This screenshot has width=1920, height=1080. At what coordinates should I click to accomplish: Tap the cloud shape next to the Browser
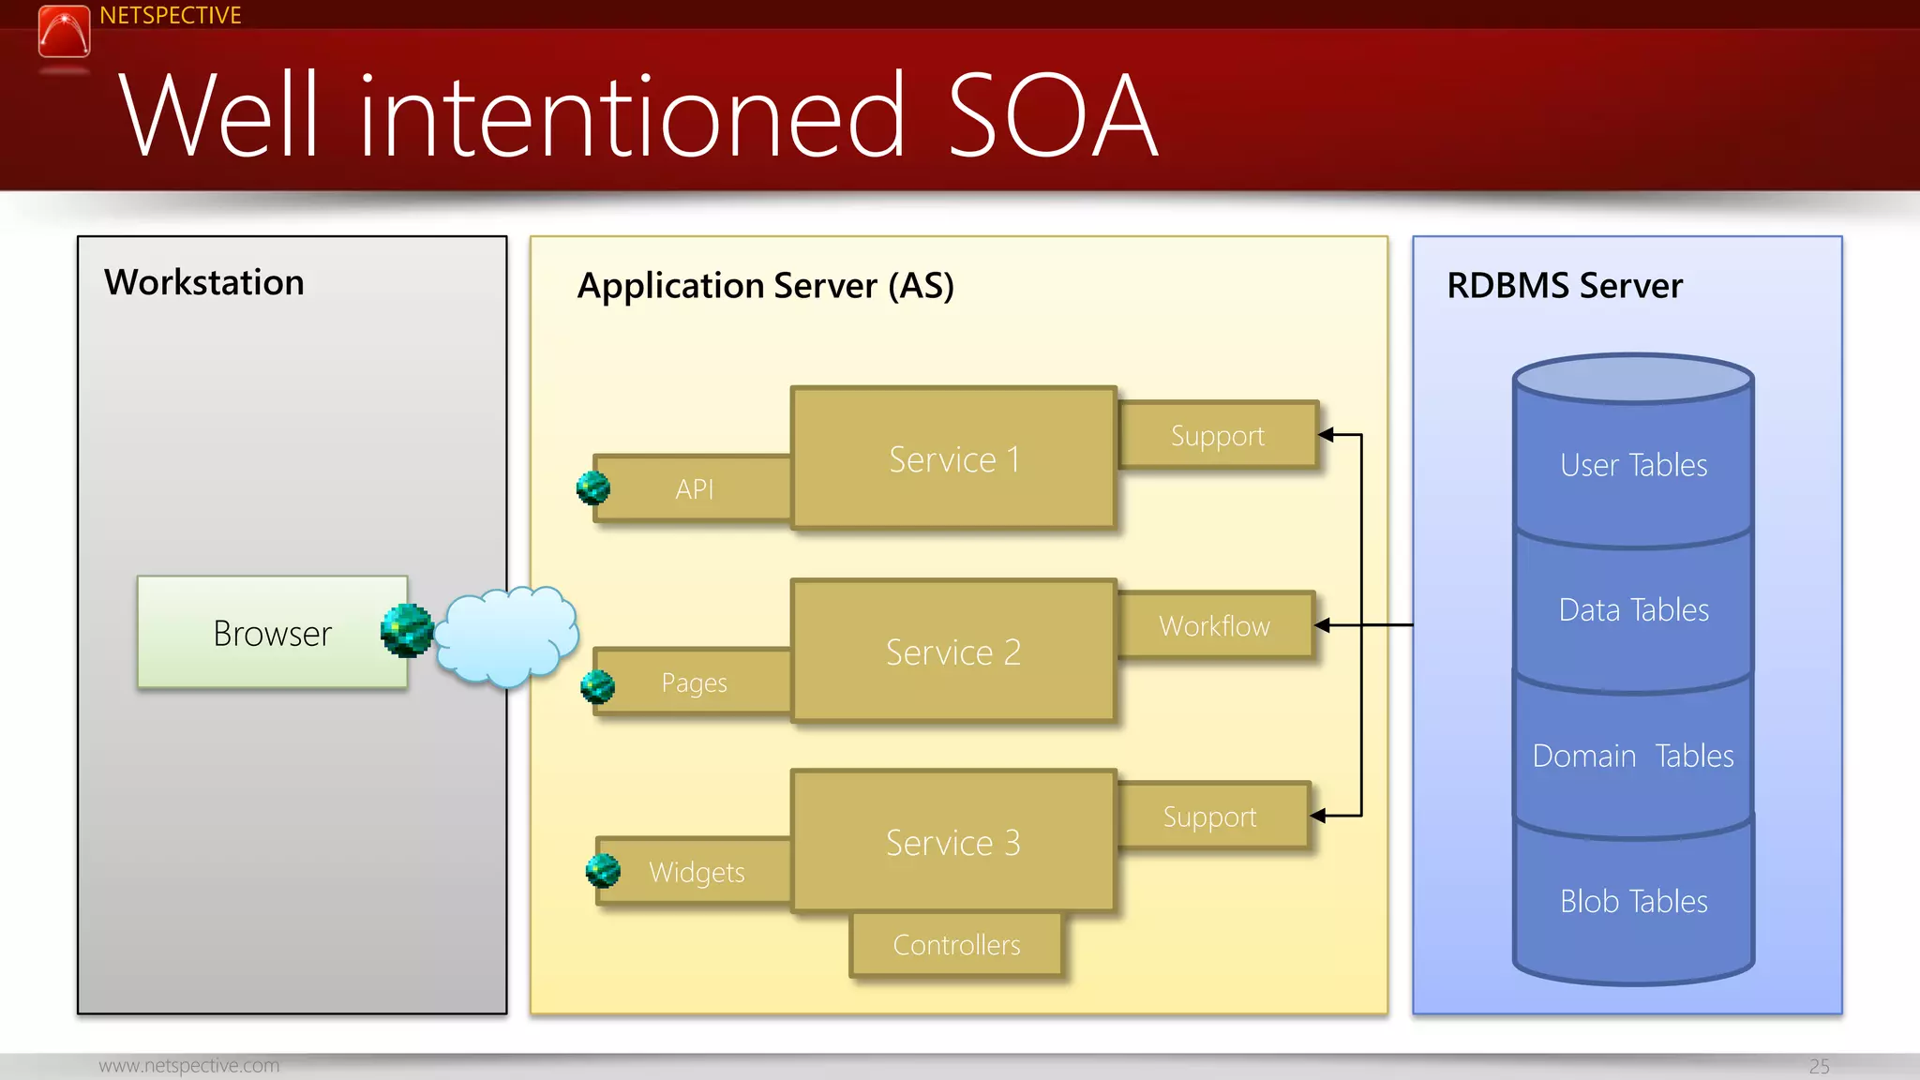pyautogui.click(x=506, y=636)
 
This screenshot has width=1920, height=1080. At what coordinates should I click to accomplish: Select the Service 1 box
pyautogui.click(x=953, y=459)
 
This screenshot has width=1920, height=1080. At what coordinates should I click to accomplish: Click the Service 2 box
pyautogui.click(x=953, y=652)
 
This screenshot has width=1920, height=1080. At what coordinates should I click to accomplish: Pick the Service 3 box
pyautogui.click(x=953, y=842)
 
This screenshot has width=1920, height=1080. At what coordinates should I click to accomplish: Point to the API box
pyautogui.click(x=695, y=488)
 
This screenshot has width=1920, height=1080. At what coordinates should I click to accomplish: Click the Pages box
pyautogui.click(x=695, y=682)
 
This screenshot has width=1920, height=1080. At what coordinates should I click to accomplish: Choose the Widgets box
pyautogui.click(x=697, y=872)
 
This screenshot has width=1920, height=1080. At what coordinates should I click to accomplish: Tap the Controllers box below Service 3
pyautogui.click(x=956, y=945)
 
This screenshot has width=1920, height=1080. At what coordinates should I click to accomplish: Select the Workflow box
pyautogui.click(x=1215, y=625)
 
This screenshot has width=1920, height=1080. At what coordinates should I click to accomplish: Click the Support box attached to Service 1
pyautogui.click(x=1217, y=435)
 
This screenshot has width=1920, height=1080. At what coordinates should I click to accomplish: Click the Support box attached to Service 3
pyautogui.click(x=1209, y=817)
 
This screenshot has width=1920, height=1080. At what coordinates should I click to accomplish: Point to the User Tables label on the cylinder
pyautogui.click(x=1633, y=465)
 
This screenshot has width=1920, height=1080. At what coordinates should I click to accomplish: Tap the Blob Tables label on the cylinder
pyautogui.click(x=1633, y=901)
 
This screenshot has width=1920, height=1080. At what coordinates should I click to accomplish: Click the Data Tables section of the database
pyautogui.click(x=1633, y=610)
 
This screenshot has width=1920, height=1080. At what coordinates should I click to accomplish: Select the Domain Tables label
pyautogui.click(x=1633, y=756)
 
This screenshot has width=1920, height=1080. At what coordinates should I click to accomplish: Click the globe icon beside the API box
pyautogui.click(x=592, y=487)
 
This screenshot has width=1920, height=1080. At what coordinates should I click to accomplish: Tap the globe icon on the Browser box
pyautogui.click(x=407, y=630)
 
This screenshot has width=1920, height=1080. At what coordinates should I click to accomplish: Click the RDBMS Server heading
pyautogui.click(x=1564, y=286)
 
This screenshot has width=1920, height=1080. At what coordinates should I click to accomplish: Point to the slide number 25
pyautogui.click(x=1819, y=1066)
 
